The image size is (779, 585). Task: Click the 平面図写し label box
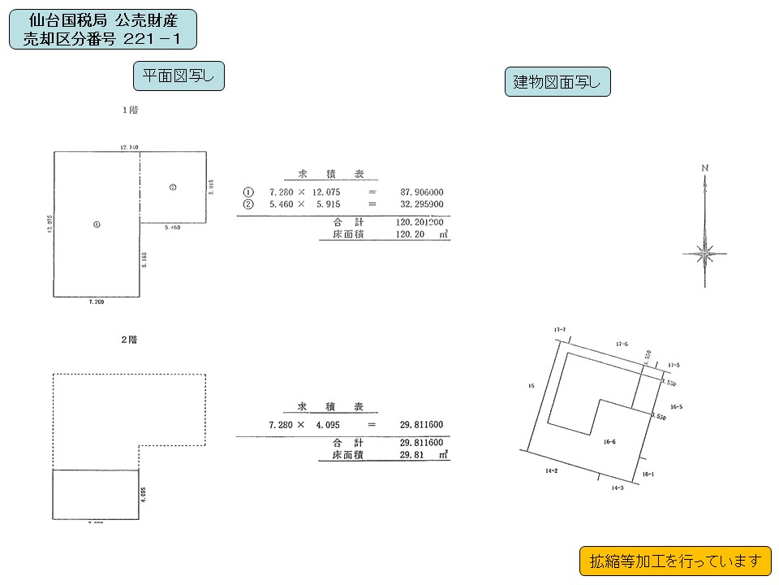[x=179, y=76]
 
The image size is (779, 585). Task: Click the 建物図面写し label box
[x=557, y=82]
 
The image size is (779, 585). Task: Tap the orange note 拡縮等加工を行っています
[x=675, y=561]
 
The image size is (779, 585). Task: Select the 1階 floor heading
[x=129, y=110]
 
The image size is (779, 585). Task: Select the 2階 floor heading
[x=129, y=340]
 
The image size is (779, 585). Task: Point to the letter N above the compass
[x=705, y=168]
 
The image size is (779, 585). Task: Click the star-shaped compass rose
[x=705, y=253]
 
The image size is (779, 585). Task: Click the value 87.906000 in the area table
[x=422, y=193]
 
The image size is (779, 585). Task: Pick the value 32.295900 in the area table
[x=422, y=204]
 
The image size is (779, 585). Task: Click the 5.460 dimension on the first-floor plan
[x=172, y=228]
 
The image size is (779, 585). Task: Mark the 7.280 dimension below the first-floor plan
[x=96, y=301]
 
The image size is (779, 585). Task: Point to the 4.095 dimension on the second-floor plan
[x=144, y=495]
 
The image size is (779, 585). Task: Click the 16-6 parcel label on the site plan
[x=609, y=442]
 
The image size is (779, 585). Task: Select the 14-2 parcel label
[x=551, y=470]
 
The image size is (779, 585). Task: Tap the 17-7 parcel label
[x=559, y=329]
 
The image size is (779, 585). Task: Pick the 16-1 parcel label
[x=648, y=472]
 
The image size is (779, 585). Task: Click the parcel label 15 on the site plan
[x=531, y=386]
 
